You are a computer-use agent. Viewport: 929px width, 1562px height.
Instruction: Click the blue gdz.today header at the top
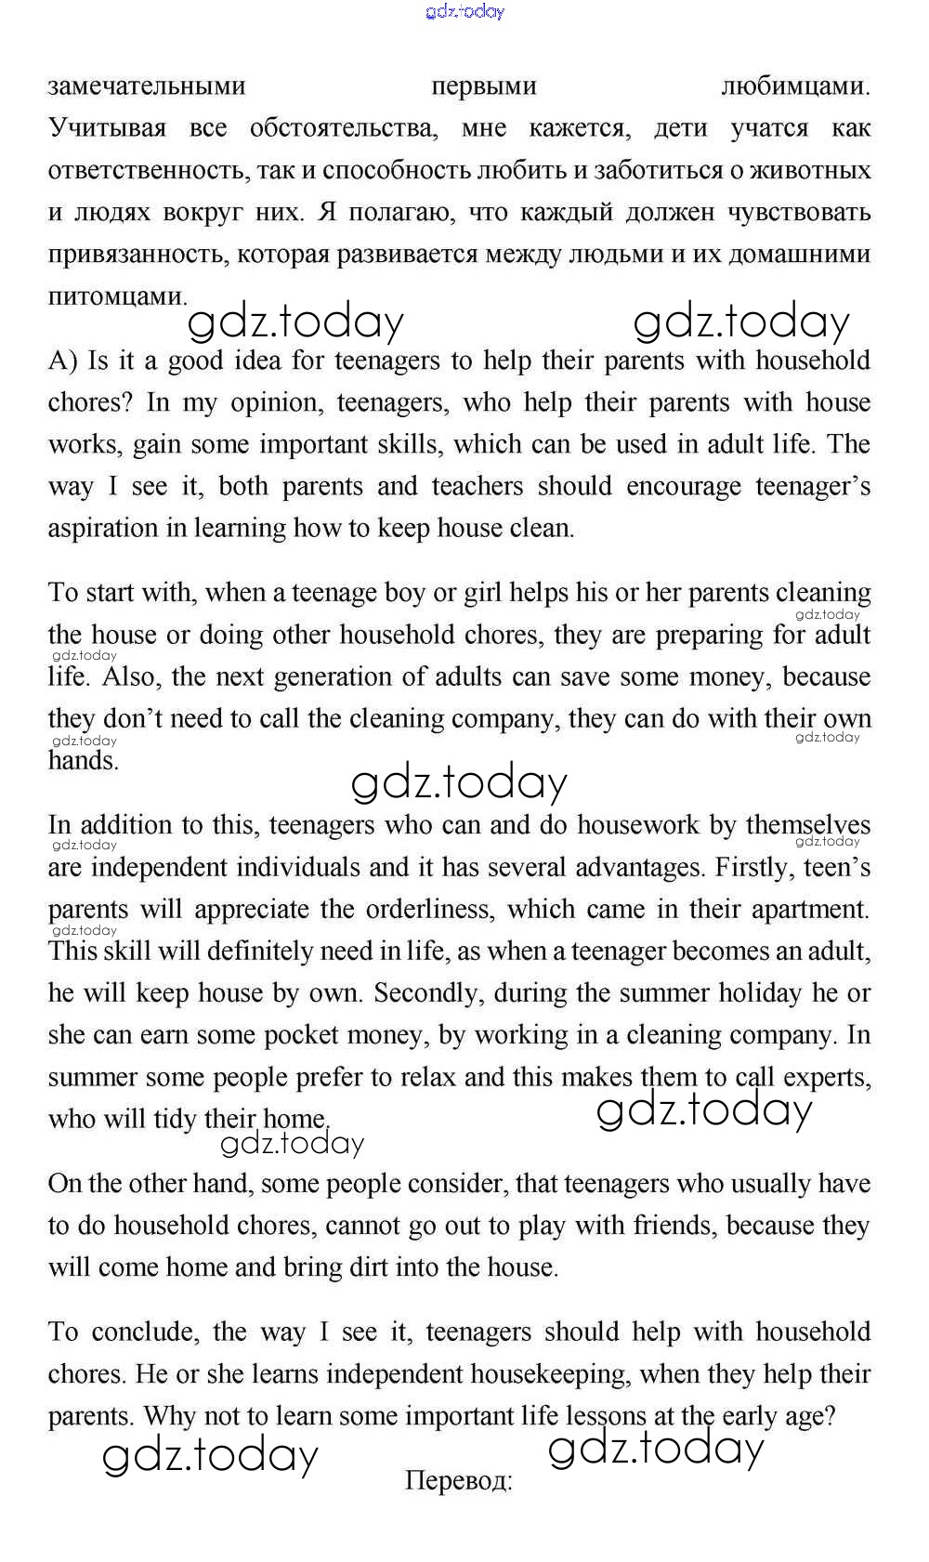coord(464,11)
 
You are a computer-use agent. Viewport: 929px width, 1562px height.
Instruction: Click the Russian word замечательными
coord(147,86)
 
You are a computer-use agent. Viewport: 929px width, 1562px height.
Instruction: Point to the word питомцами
coord(116,296)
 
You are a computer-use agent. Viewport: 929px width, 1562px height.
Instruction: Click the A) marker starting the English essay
coord(63,361)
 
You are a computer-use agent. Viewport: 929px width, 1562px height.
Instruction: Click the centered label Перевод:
coord(459,1480)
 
